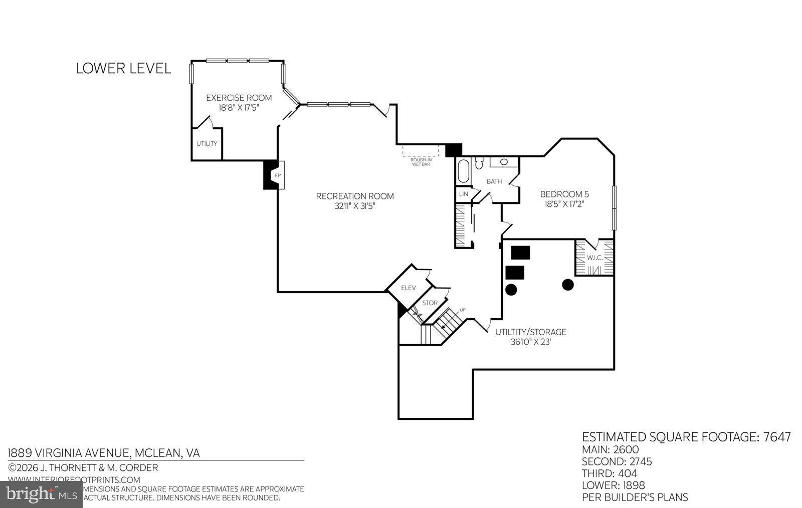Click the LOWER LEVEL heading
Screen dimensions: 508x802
pyautogui.click(x=123, y=68)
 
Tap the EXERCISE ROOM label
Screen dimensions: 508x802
pyautogui.click(x=239, y=98)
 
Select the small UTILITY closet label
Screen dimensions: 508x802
pyautogui.click(x=207, y=144)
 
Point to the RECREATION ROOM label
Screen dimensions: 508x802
pyautogui.click(x=355, y=196)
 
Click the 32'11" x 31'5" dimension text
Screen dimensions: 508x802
pyautogui.click(x=355, y=206)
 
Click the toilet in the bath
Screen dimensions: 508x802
pyautogui.click(x=479, y=163)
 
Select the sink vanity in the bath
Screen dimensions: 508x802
pyautogui.click(x=504, y=161)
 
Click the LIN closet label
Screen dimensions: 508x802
pyautogui.click(x=463, y=194)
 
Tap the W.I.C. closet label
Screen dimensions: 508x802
pyautogui.click(x=594, y=258)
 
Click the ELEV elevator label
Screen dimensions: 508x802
pyautogui.click(x=409, y=288)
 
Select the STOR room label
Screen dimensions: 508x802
pyautogui.click(x=430, y=303)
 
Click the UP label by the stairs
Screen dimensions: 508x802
pyautogui.click(x=462, y=310)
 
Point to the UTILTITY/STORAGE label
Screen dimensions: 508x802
pyautogui.click(x=530, y=332)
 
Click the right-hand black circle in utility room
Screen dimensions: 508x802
pyautogui.click(x=567, y=285)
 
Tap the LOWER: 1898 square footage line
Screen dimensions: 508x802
pyautogui.click(x=613, y=485)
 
